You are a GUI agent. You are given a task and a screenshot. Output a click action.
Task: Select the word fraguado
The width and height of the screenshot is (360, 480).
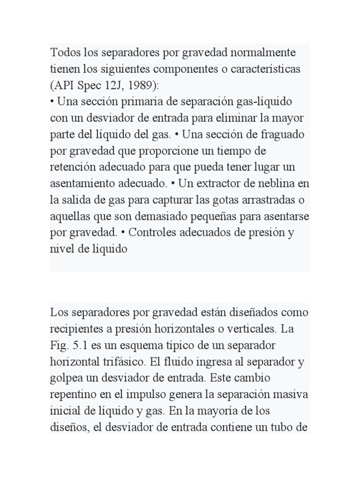pos(282,135)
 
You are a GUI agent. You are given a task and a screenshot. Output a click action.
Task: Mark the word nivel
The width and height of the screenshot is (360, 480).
pos(62,249)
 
